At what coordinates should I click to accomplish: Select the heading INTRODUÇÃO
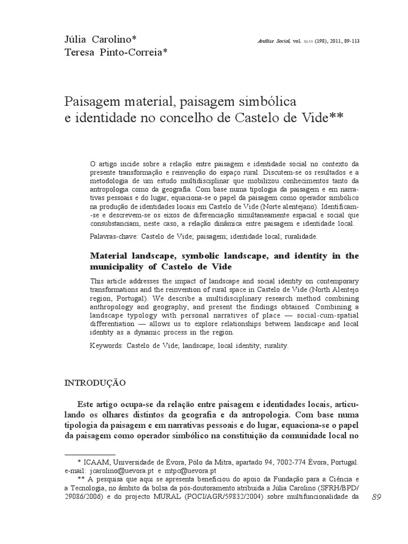coord(94,382)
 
